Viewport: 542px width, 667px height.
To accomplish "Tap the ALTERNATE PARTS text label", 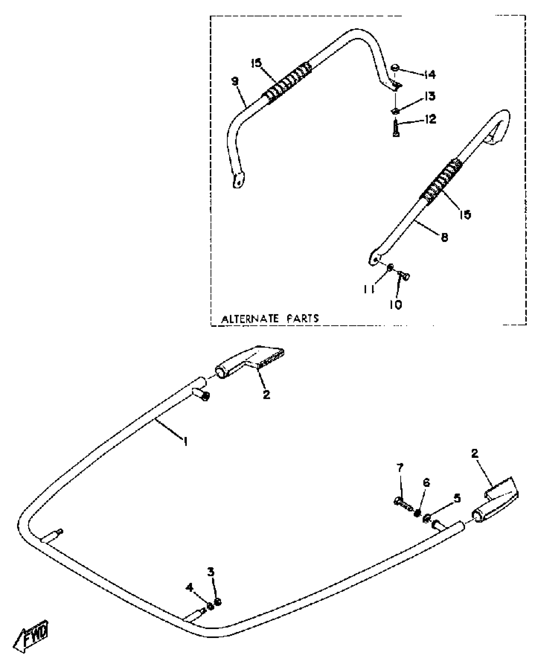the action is (270, 319).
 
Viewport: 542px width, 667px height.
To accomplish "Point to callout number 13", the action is (430, 96).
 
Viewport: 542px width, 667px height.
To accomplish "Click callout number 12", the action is (430, 120).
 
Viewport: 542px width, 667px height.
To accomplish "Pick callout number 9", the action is (235, 82).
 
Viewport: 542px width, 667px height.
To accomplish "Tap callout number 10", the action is (395, 304).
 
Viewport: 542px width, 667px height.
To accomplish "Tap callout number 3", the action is (211, 572).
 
